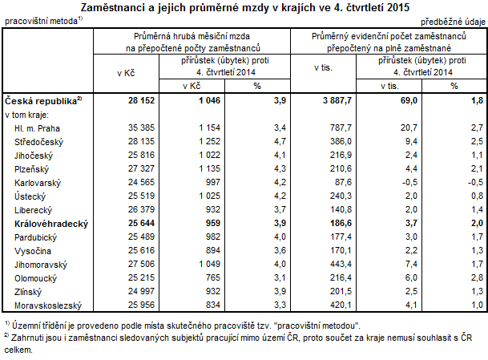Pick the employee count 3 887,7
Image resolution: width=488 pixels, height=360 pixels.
335,101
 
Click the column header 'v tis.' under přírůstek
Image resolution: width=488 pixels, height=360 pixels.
389,85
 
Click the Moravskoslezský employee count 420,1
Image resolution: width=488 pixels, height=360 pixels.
340,305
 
